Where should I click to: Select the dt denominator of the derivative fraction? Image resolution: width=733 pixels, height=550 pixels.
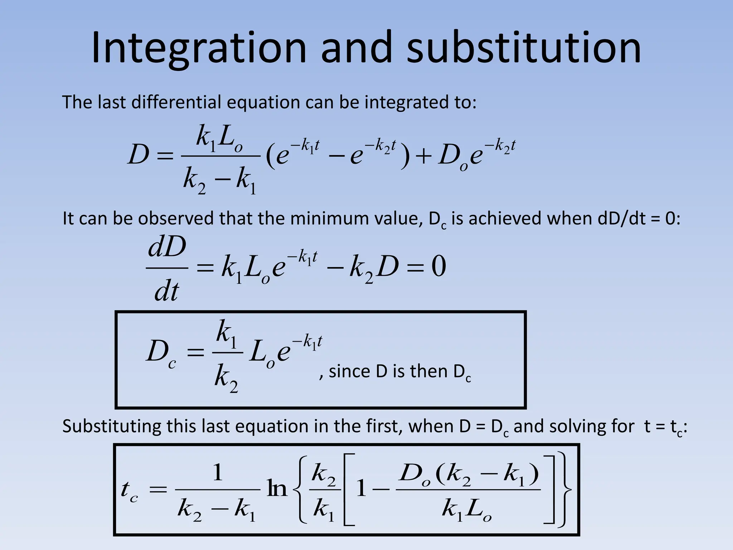166,292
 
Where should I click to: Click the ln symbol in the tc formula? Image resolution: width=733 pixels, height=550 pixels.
277,489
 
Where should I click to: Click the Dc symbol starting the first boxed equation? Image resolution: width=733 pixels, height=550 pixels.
161,353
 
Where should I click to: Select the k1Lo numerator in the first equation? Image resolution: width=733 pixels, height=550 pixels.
219,138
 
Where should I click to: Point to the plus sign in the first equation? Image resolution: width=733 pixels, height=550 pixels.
423,157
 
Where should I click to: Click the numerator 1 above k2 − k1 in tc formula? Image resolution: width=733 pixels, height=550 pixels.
218,473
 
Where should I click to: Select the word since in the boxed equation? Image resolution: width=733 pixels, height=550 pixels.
349,372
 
